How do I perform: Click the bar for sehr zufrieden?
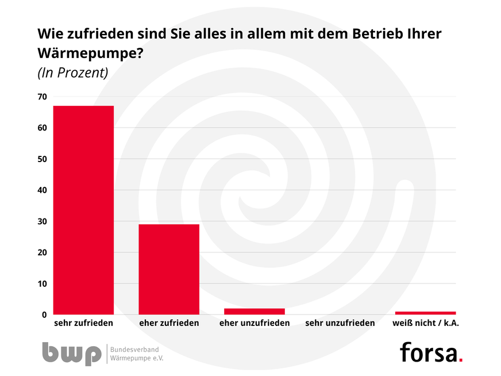point(83,210)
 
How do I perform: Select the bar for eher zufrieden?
point(169,269)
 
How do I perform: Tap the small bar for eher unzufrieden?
point(255,312)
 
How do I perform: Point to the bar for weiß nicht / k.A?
point(425,313)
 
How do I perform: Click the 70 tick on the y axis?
point(43,97)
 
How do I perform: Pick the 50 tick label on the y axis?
point(43,159)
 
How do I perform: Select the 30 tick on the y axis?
point(43,221)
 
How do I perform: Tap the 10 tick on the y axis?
point(43,283)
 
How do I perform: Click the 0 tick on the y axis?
point(44,314)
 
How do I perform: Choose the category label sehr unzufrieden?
point(340,323)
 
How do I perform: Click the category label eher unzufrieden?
point(255,323)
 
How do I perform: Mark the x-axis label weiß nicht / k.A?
point(425,323)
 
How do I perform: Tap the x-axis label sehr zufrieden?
point(83,323)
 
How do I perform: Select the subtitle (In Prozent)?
point(73,73)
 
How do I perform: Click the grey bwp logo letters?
point(71,353)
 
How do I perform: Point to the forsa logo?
point(429,352)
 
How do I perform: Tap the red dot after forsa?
point(461,360)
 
